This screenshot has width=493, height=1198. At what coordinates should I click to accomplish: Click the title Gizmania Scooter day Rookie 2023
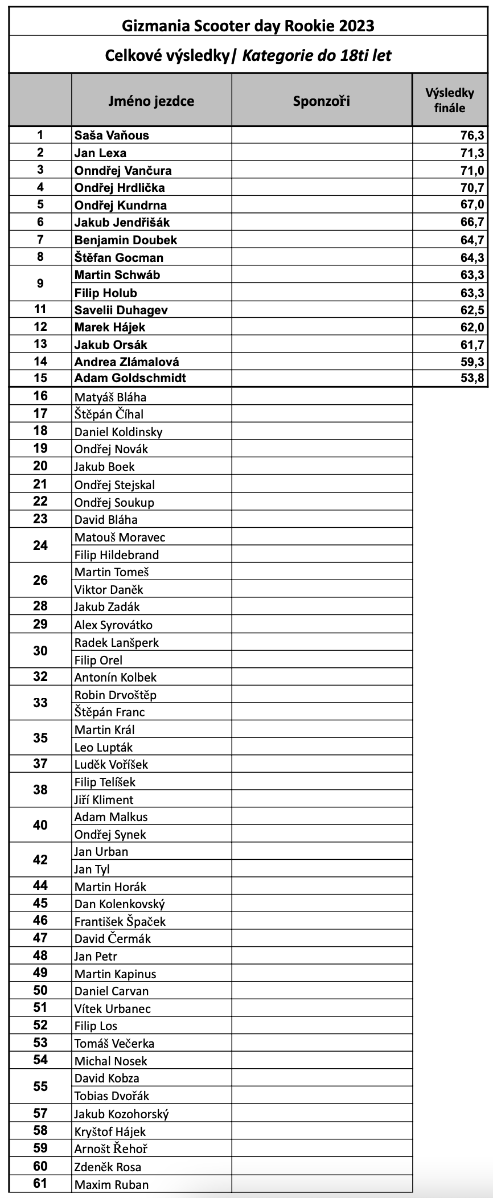pos(248,26)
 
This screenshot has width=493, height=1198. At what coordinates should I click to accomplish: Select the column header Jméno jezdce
pos(151,101)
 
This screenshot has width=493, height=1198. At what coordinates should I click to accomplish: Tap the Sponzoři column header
pos(321,101)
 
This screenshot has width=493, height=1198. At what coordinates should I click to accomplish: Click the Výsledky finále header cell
pos(450,100)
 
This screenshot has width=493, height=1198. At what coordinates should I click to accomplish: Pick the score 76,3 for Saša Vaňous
pos(472,135)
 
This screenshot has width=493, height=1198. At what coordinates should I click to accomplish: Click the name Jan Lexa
pos(100,153)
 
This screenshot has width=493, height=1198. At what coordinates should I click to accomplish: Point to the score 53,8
pos(472,378)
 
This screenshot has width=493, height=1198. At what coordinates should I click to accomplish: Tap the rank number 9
pos(40,283)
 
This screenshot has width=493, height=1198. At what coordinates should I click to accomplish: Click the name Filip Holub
pos(105,293)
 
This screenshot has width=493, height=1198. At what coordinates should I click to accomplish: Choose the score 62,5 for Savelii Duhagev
pos(472,310)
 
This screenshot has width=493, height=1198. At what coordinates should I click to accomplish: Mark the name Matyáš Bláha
pos(110,397)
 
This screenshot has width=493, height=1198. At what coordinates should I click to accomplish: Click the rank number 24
pos(40,545)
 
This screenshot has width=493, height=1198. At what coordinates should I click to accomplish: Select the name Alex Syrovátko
pos(113,625)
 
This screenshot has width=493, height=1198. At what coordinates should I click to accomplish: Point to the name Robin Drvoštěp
pos(115,695)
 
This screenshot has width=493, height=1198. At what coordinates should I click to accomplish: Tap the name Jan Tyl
pos(92,869)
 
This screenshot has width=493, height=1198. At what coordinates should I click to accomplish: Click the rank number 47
pos(40,938)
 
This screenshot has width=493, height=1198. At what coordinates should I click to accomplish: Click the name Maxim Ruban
pos(111,1185)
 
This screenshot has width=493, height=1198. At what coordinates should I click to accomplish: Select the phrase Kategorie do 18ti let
pos(317,55)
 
